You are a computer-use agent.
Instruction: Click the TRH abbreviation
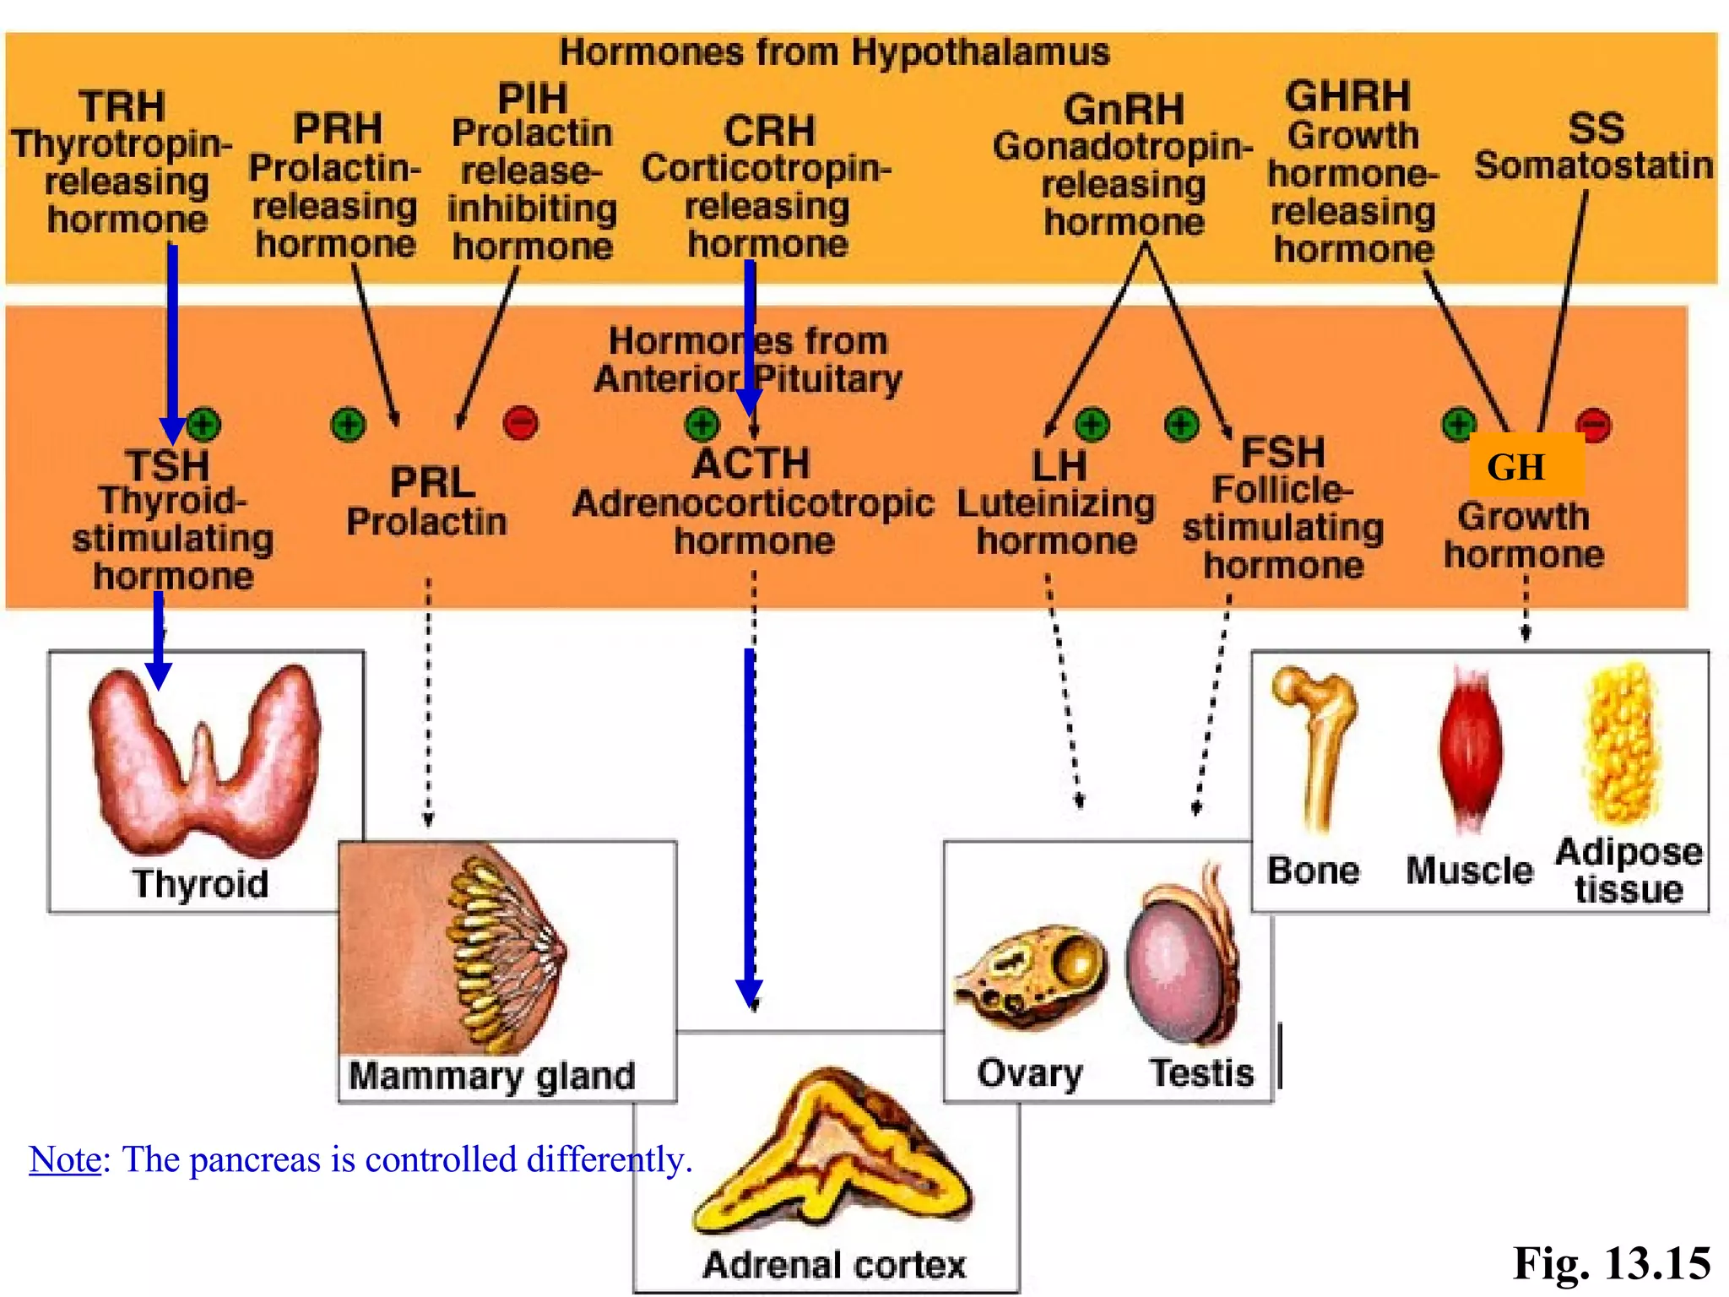click(122, 107)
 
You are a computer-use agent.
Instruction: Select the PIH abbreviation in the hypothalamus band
click(532, 99)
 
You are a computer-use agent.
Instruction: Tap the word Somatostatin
click(1593, 166)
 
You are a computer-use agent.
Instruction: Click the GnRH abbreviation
click(1124, 110)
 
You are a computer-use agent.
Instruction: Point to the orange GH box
click(1525, 466)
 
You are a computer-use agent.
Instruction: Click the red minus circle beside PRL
click(520, 423)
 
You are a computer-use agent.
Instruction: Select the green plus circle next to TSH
click(203, 424)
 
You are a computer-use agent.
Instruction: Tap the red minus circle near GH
click(1594, 424)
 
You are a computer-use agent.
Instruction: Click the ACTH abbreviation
click(751, 464)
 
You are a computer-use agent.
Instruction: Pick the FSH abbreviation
click(1282, 453)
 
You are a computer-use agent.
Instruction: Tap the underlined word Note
click(65, 1159)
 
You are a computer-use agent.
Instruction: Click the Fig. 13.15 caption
click(1611, 1263)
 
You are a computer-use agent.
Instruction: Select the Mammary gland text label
click(491, 1076)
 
